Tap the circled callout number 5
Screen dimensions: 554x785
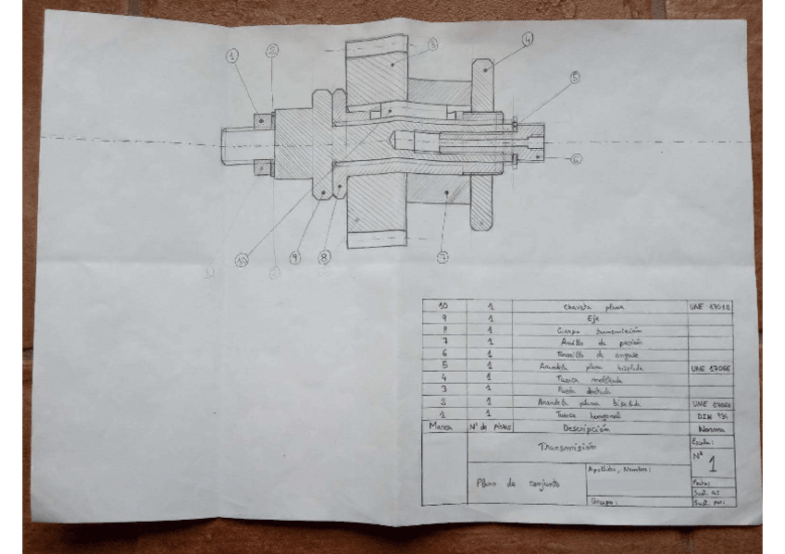575,79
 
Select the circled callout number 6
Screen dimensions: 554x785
576,159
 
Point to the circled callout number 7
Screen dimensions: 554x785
442,258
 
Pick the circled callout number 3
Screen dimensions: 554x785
432,44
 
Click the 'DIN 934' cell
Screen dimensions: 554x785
711,416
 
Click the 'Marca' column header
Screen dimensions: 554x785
442,429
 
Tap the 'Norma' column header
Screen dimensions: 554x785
710,429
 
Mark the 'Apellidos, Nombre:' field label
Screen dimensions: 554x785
620,469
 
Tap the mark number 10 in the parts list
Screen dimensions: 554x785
442,305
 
